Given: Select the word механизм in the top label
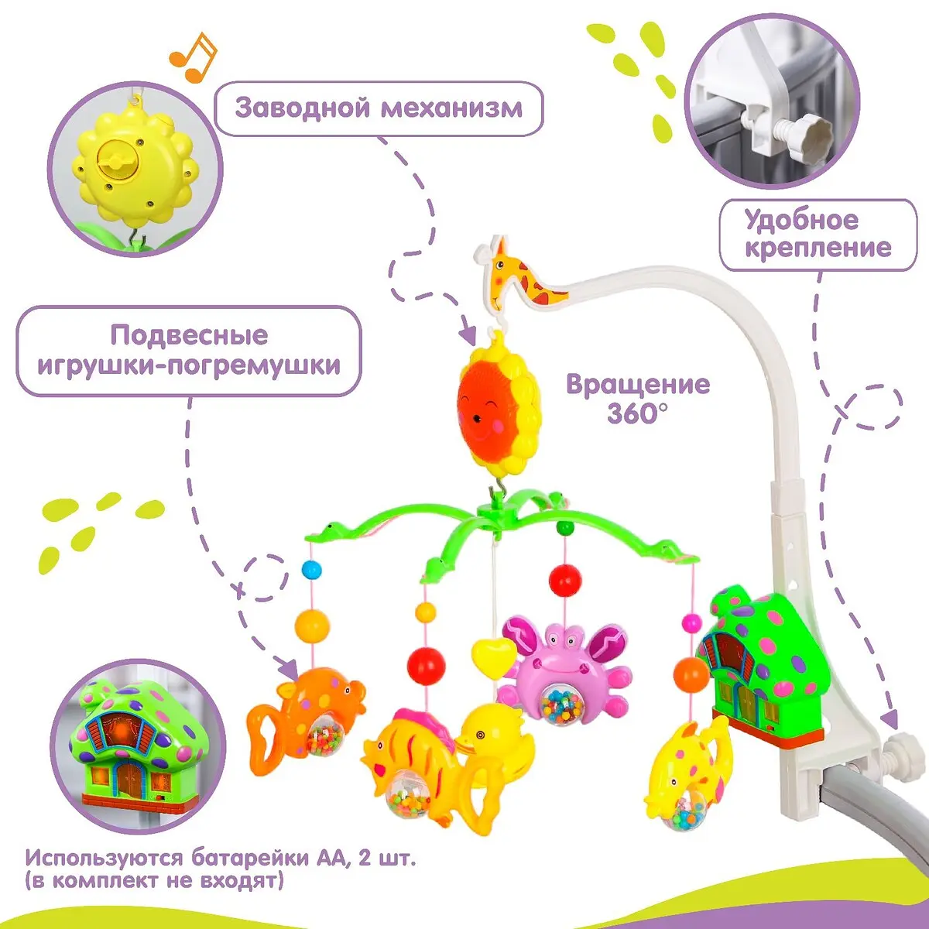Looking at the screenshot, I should (451, 108).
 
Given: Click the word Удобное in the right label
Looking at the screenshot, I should (801, 220).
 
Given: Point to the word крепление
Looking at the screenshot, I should (818, 249).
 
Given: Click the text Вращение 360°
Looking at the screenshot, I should (637, 398).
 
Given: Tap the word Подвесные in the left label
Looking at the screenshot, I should (188, 335).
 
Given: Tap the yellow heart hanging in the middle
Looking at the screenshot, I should (494, 656).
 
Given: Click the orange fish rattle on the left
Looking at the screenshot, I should (306, 713).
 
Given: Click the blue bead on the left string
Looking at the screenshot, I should (312, 571).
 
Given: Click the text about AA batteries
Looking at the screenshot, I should (220, 869).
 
